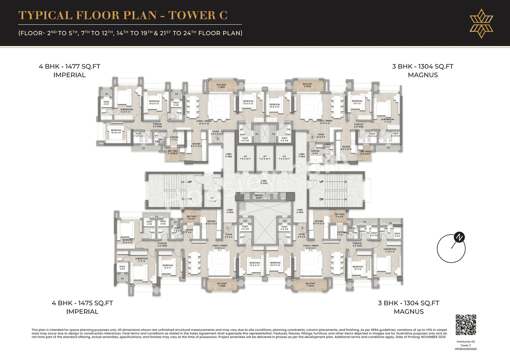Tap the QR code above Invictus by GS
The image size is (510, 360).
[x=466, y=325]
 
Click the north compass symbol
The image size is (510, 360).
[x=451, y=248]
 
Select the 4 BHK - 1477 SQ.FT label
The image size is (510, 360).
[x=69, y=67]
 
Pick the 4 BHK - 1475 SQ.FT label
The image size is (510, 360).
[x=82, y=303]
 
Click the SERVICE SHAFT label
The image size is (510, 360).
[x=259, y=196]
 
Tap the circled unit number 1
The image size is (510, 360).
[x=228, y=228]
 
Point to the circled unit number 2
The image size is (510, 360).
[x=218, y=139]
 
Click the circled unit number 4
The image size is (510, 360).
[x=302, y=228]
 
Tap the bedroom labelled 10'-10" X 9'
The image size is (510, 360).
[x=116, y=131]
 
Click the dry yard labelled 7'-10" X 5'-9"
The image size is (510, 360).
[x=172, y=152]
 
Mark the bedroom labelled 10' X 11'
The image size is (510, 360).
[x=168, y=266]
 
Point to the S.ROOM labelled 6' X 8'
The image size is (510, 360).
[x=315, y=152]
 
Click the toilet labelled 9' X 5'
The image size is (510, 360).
[x=397, y=235]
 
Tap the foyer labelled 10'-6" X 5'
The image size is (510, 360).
[x=320, y=136]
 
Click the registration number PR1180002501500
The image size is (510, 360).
[x=466, y=349]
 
